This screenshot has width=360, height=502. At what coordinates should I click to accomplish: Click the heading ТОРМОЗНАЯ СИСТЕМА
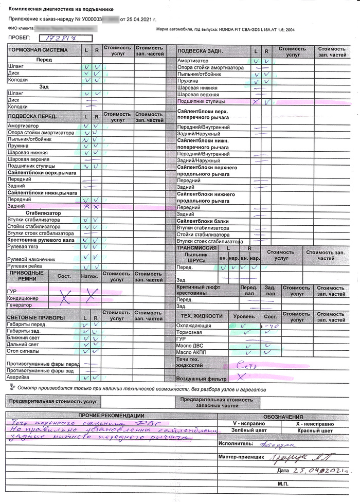(x=38, y=50)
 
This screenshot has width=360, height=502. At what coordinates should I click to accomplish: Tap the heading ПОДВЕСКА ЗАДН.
(x=200, y=51)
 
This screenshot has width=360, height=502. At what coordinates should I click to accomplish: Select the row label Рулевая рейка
(x=25, y=266)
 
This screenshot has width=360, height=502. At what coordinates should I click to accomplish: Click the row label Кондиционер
(x=23, y=298)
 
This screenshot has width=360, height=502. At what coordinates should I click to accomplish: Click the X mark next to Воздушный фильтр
(x=240, y=378)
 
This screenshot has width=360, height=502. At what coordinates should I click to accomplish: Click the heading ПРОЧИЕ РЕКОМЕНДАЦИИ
(x=111, y=416)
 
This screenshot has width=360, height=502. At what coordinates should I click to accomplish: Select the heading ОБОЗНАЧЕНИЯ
(x=283, y=417)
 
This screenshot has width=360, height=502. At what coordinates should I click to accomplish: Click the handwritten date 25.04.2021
(x=317, y=470)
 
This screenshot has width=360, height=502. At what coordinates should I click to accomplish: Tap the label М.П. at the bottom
(x=284, y=485)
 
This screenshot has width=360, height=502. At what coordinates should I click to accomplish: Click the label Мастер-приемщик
(x=241, y=457)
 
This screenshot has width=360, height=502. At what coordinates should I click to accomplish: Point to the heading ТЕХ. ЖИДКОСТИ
(x=202, y=315)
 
